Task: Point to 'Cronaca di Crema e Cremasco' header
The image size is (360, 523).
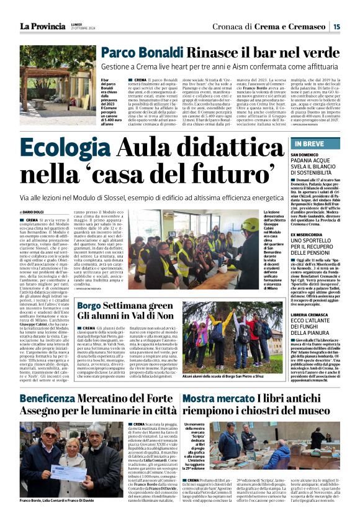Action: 281,26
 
